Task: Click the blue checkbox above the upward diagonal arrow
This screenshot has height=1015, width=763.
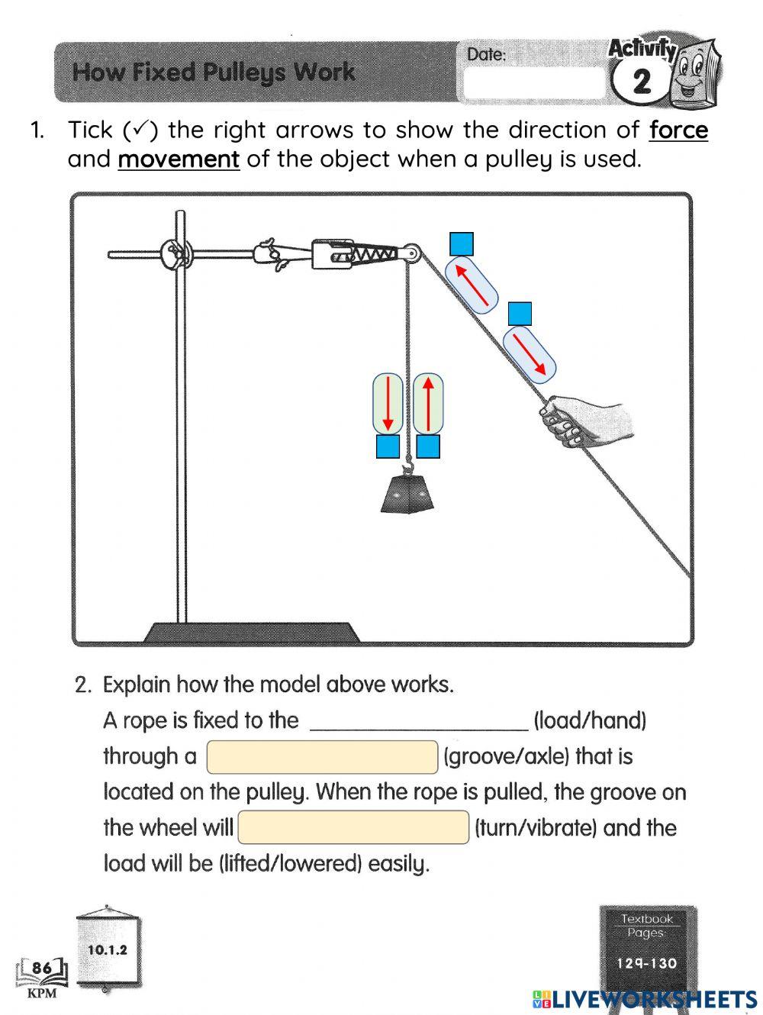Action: (x=462, y=244)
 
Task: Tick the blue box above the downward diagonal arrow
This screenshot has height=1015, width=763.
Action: (x=520, y=314)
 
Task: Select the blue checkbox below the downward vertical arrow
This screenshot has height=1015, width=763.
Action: (x=388, y=446)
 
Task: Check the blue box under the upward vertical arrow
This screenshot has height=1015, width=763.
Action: (x=428, y=446)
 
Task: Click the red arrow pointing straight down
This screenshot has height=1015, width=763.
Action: (x=388, y=403)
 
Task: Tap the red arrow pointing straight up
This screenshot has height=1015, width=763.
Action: (x=428, y=403)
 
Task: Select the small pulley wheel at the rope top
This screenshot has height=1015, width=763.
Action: (x=411, y=253)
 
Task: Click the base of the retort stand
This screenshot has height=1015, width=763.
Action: (x=253, y=633)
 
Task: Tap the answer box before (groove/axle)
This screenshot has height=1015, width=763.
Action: (x=323, y=757)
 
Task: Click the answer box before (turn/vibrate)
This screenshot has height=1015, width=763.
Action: (x=353, y=827)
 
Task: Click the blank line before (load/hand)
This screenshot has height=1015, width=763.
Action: (x=418, y=722)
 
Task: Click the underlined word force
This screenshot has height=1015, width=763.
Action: (x=678, y=130)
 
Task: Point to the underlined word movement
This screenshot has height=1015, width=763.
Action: (x=179, y=159)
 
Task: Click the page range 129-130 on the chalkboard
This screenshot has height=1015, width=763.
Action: (x=647, y=963)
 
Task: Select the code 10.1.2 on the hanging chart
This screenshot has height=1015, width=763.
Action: (x=108, y=950)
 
